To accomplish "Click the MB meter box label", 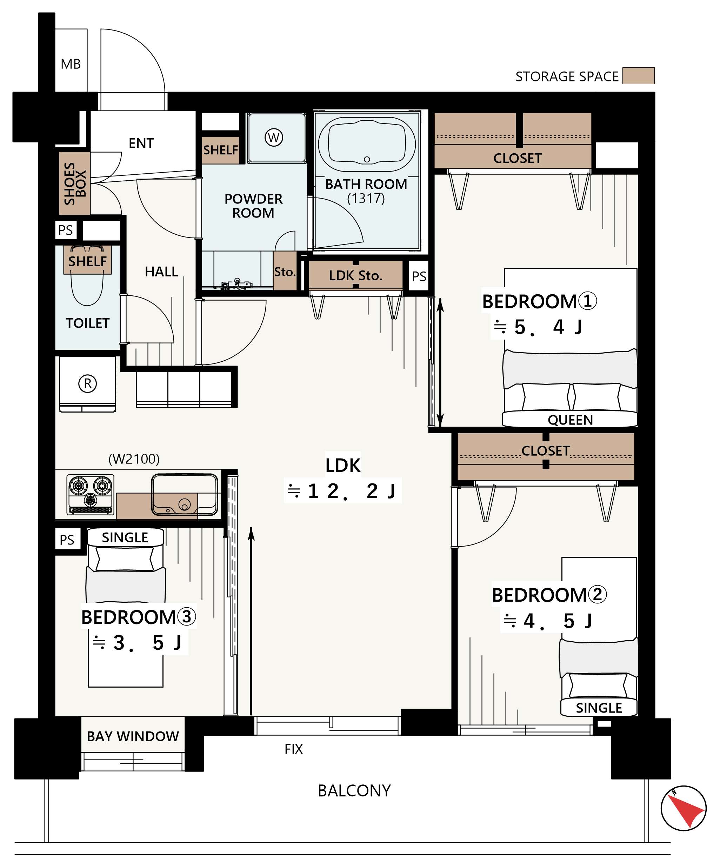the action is click(71, 64).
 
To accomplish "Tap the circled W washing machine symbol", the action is click(274, 137).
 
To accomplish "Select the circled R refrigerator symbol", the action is click(87, 383).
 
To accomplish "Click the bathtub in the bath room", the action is click(367, 144).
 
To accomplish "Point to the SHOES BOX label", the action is click(75, 183).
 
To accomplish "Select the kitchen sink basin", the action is click(185, 494).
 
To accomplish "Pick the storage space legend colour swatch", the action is click(638, 76).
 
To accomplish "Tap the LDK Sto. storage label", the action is click(355, 275).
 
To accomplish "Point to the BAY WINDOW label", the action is click(133, 736).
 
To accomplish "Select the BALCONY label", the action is click(354, 791).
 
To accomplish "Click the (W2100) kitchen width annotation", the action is click(134, 459).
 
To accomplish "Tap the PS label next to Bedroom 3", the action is click(67, 540).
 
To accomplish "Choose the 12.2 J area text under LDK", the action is click(342, 491).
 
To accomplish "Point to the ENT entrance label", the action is click(141, 143).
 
